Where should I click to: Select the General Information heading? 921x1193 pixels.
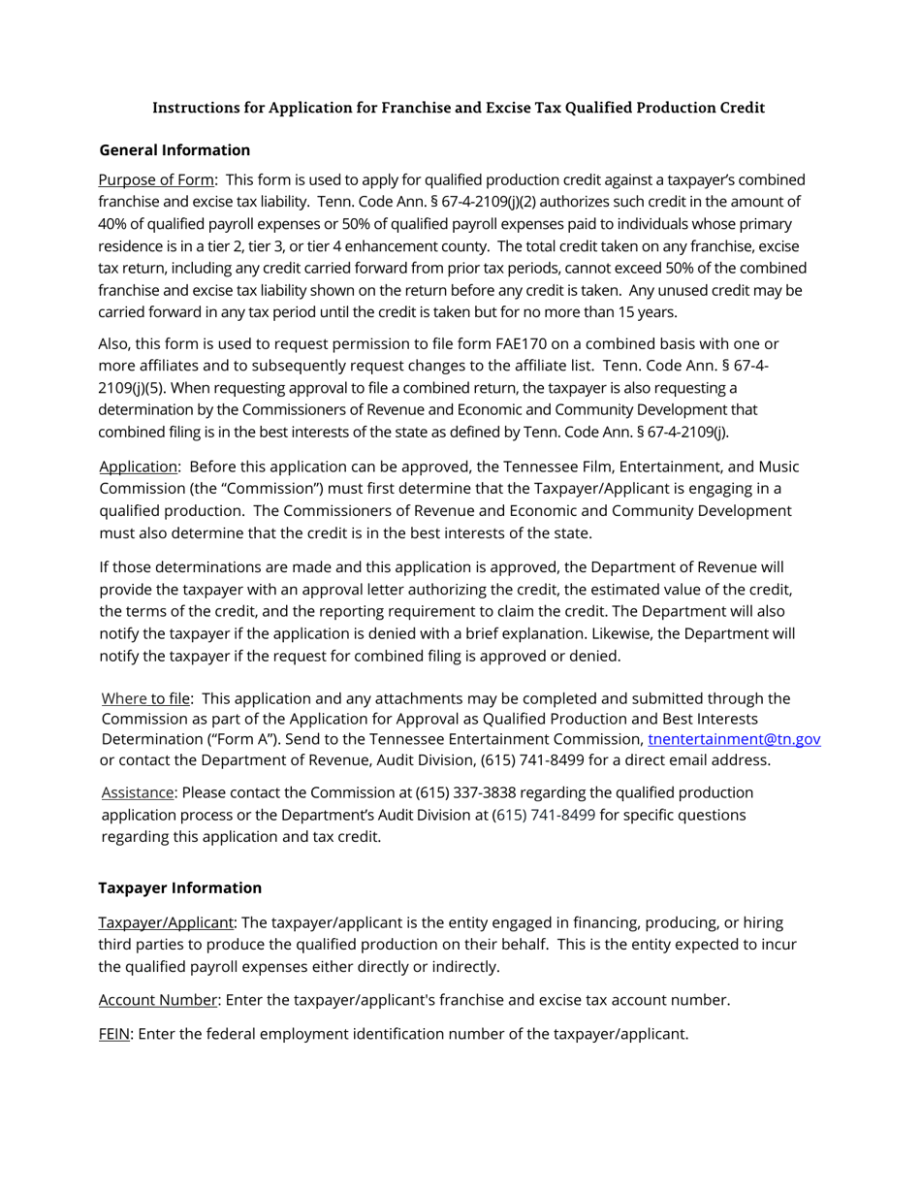175,150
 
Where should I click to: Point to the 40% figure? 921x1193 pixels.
114,224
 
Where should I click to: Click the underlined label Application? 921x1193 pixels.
139,467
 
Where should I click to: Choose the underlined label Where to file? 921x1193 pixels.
146,698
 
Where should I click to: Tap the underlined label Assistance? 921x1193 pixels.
138,792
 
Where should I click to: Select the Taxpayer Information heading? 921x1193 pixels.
180,888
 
